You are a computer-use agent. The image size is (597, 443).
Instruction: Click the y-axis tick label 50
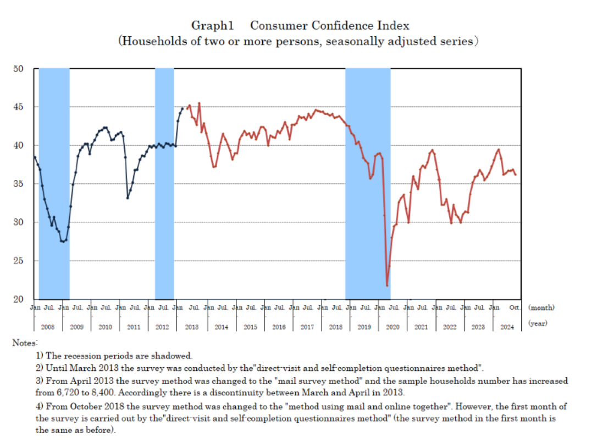click(x=19, y=69)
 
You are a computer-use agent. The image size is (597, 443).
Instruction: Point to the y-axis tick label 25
click(x=19, y=260)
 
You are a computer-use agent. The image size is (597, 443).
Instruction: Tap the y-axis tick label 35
click(x=19, y=184)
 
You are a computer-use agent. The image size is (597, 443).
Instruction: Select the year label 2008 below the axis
click(x=48, y=327)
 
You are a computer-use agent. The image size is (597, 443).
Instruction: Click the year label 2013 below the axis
click(x=191, y=327)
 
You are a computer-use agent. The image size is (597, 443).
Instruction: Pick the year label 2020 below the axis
click(x=393, y=327)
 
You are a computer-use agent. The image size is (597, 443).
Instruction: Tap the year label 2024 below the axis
click(x=507, y=327)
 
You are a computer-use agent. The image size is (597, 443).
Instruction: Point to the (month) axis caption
click(x=541, y=308)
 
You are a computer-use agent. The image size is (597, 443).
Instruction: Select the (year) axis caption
click(x=538, y=324)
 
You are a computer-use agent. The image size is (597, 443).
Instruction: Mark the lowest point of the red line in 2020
click(x=387, y=285)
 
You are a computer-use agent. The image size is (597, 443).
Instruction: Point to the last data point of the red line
click(x=516, y=174)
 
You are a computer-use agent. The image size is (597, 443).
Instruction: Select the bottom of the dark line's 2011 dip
click(x=128, y=198)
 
